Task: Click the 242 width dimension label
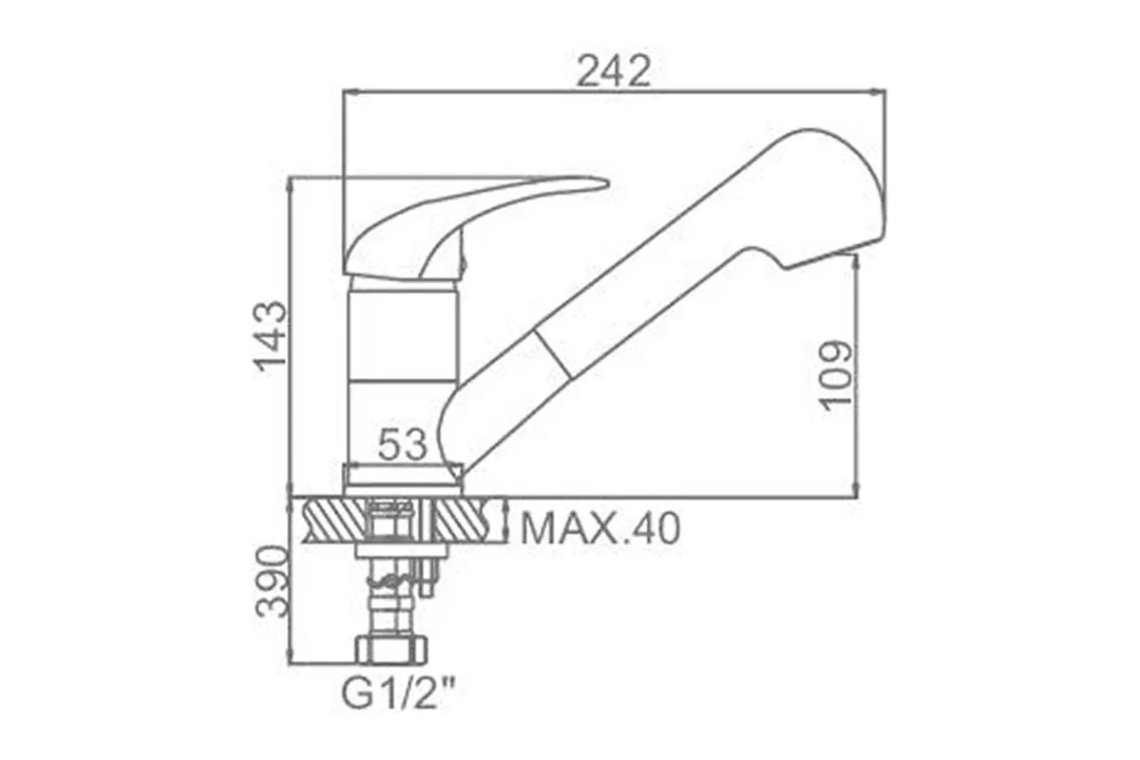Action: pos(614,72)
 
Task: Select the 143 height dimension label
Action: pos(270,337)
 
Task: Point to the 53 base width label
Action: pos(402,445)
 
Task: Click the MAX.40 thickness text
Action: pos(600,529)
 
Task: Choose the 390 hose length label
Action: pos(272,581)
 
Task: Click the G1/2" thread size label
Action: pos(397,695)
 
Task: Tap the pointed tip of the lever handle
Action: pos(608,181)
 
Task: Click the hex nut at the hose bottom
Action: pos(391,651)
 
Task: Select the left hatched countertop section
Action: pos(334,522)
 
